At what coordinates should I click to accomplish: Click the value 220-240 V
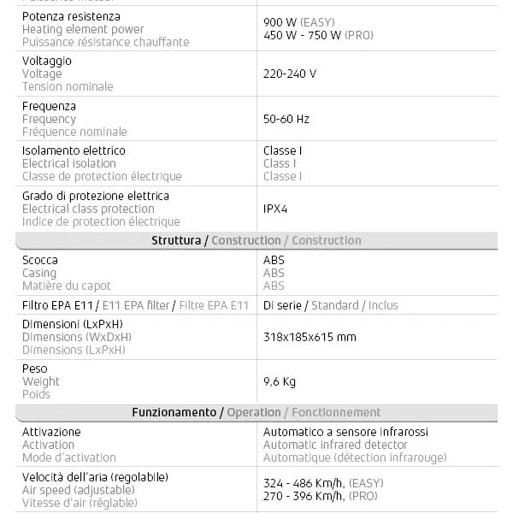[289, 74]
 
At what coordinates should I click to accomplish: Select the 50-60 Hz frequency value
[286, 119]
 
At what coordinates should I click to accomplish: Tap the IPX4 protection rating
[275, 209]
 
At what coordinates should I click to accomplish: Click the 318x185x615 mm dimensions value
[310, 337]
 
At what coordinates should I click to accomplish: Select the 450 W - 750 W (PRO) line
[318, 36]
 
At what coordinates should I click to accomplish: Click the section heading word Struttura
[176, 241]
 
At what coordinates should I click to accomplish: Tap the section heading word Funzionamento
[174, 413]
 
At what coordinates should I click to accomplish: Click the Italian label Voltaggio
[46, 61]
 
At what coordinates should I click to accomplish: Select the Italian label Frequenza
[49, 106]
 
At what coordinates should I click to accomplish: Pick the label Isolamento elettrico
[74, 150]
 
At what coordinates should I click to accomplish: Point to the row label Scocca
[39, 260]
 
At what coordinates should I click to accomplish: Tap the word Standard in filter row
[334, 305]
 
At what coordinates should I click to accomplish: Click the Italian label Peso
[34, 369]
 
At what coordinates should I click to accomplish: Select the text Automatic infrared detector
[335, 445]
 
